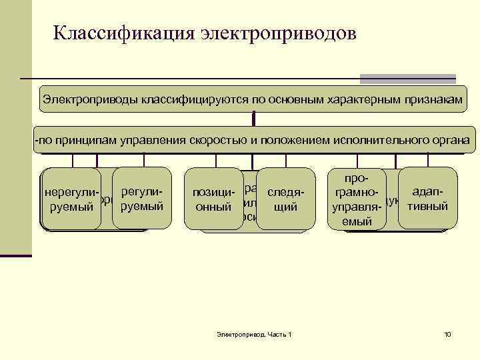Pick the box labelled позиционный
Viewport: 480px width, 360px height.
pyautogui.click(x=213, y=200)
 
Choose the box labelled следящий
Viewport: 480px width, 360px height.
pyautogui.click(x=285, y=200)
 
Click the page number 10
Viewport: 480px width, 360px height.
pyautogui.click(x=447, y=333)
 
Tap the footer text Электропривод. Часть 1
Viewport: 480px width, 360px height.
pyautogui.click(x=255, y=333)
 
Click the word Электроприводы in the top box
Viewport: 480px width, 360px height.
pyautogui.click(x=89, y=99)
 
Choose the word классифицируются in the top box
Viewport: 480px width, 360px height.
pyautogui.click(x=195, y=99)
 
